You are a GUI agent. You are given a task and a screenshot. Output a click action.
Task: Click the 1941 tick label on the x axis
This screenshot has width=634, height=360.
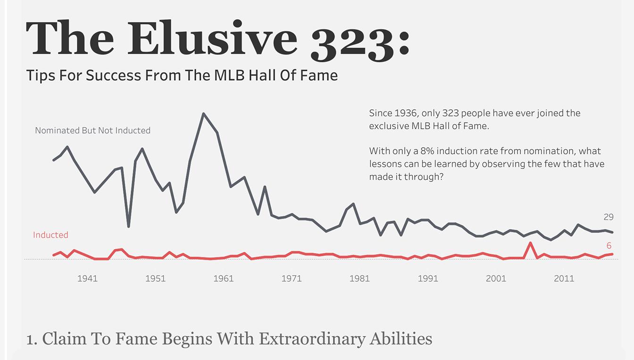pyautogui.click(x=87, y=278)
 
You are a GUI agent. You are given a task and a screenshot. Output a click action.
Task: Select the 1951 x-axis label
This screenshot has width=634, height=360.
pyautogui.click(x=155, y=278)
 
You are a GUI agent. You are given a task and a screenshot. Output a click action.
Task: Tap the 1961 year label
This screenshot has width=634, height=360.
pyautogui.click(x=223, y=278)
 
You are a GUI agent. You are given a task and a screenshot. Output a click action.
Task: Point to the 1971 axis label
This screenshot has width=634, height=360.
pyautogui.click(x=292, y=278)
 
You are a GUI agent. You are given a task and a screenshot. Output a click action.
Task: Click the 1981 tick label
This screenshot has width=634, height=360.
pyautogui.click(x=359, y=278)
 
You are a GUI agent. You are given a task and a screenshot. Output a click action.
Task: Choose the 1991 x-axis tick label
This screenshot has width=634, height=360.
pyautogui.click(x=428, y=278)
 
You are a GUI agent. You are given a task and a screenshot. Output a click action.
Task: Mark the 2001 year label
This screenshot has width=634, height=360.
pyautogui.click(x=496, y=278)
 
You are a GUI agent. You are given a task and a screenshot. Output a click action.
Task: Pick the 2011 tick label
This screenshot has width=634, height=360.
pyautogui.click(x=564, y=278)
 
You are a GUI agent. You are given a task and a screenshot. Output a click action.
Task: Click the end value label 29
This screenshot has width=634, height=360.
pyautogui.click(x=609, y=217)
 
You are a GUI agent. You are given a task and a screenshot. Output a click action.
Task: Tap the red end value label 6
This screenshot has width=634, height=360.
pyautogui.click(x=609, y=246)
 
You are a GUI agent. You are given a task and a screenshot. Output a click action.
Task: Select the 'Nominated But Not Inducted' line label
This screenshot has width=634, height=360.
pyautogui.click(x=92, y=130)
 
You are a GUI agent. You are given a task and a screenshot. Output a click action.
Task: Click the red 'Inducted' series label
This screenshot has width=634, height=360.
pyautogui.click(x=50, y=235)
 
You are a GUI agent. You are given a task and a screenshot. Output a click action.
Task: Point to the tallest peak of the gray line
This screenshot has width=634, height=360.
pyautogui.click(x=203, y=114)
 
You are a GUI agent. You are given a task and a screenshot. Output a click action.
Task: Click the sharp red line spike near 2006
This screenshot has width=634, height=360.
pyautogui.click(x=531, y=243)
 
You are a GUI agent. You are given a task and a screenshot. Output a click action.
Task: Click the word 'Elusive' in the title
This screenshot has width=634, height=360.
pyautogui.click(x=211, y=39)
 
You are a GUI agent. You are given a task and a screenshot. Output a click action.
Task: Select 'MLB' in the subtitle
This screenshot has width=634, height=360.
pyautogui.click(x=229, y=75)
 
